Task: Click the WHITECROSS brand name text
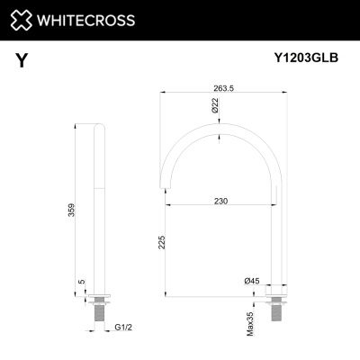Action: (88, 20)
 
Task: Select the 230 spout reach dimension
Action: (220, 201)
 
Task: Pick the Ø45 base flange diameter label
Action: (254, 281)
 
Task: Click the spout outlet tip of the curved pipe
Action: (168, 185)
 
